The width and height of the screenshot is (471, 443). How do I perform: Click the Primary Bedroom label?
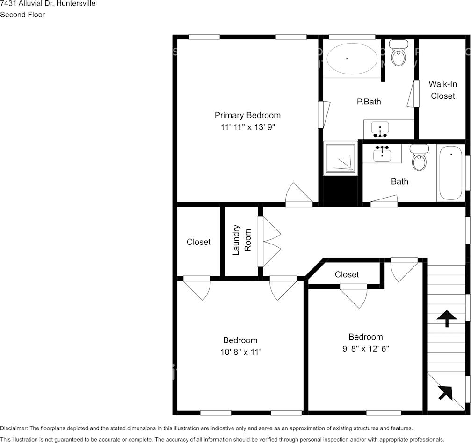point(247,115)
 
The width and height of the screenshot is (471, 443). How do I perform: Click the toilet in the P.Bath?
point(399,53)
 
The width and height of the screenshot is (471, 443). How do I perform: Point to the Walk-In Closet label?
point(442,90)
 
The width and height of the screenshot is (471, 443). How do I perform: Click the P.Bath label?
point(369,102)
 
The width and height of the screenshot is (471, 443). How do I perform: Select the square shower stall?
point(340,158)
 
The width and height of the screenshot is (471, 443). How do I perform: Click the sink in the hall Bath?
point(383,153)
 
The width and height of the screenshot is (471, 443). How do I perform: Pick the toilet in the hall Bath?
point(419,158)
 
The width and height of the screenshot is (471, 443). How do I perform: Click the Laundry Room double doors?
point(271,242)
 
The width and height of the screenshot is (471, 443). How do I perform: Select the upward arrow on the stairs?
point(446,318)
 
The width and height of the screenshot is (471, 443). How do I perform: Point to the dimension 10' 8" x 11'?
point(240,352)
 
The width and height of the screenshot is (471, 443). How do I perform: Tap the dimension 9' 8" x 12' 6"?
point(365,349)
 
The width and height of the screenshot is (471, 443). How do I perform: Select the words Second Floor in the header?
point(22,15)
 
